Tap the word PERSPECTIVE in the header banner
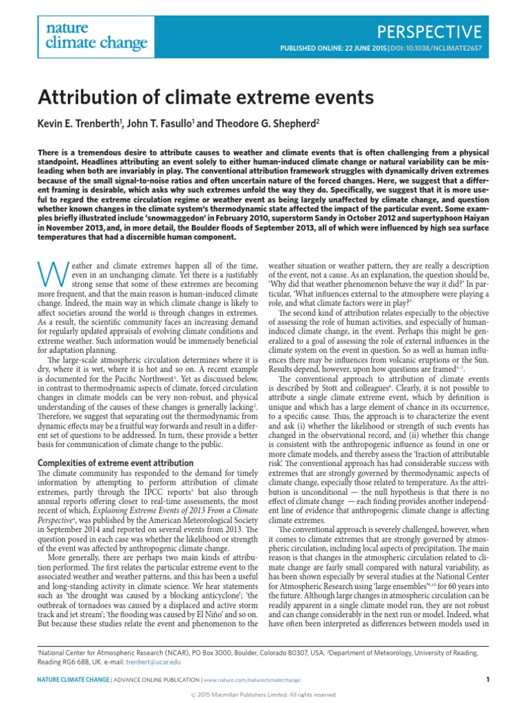point(430,31)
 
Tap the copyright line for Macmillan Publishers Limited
point(263,695)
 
